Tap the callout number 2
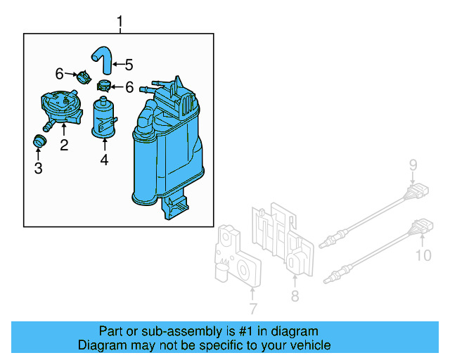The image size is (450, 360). (64, 146)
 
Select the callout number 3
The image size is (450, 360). (39, 168)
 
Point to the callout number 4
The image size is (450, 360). (104, 160)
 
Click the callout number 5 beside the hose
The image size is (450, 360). (128, 65)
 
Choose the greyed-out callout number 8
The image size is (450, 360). (295, 296)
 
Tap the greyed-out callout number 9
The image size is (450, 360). (413, 166)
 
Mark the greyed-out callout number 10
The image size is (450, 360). (423, 255)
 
